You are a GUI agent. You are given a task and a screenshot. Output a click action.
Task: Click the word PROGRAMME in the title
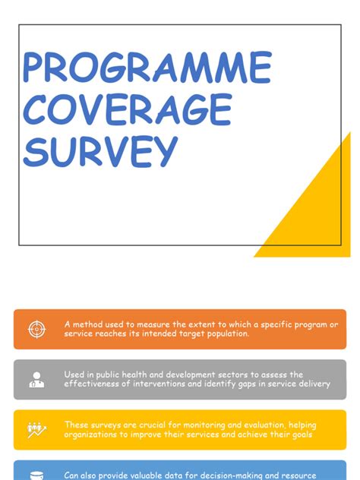point(147,68)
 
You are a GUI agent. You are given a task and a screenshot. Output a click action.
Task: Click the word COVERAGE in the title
point(127,109)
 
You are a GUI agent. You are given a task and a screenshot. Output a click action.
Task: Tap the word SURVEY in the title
point(99,151)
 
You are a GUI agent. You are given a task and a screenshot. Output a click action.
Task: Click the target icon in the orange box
point(36,329)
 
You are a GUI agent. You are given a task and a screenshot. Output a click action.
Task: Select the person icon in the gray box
point(36,380)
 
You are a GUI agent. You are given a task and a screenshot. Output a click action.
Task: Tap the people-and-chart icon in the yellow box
point(36,430)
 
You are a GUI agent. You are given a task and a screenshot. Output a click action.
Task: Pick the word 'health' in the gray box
point(150,374)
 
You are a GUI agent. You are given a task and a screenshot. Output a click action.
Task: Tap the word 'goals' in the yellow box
point(297,434)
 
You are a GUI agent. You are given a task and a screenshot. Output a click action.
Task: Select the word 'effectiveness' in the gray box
point(94,384)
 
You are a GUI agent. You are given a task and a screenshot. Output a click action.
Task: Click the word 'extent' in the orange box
point(197,324)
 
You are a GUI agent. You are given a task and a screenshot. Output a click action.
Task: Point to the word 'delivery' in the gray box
point(311,384)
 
